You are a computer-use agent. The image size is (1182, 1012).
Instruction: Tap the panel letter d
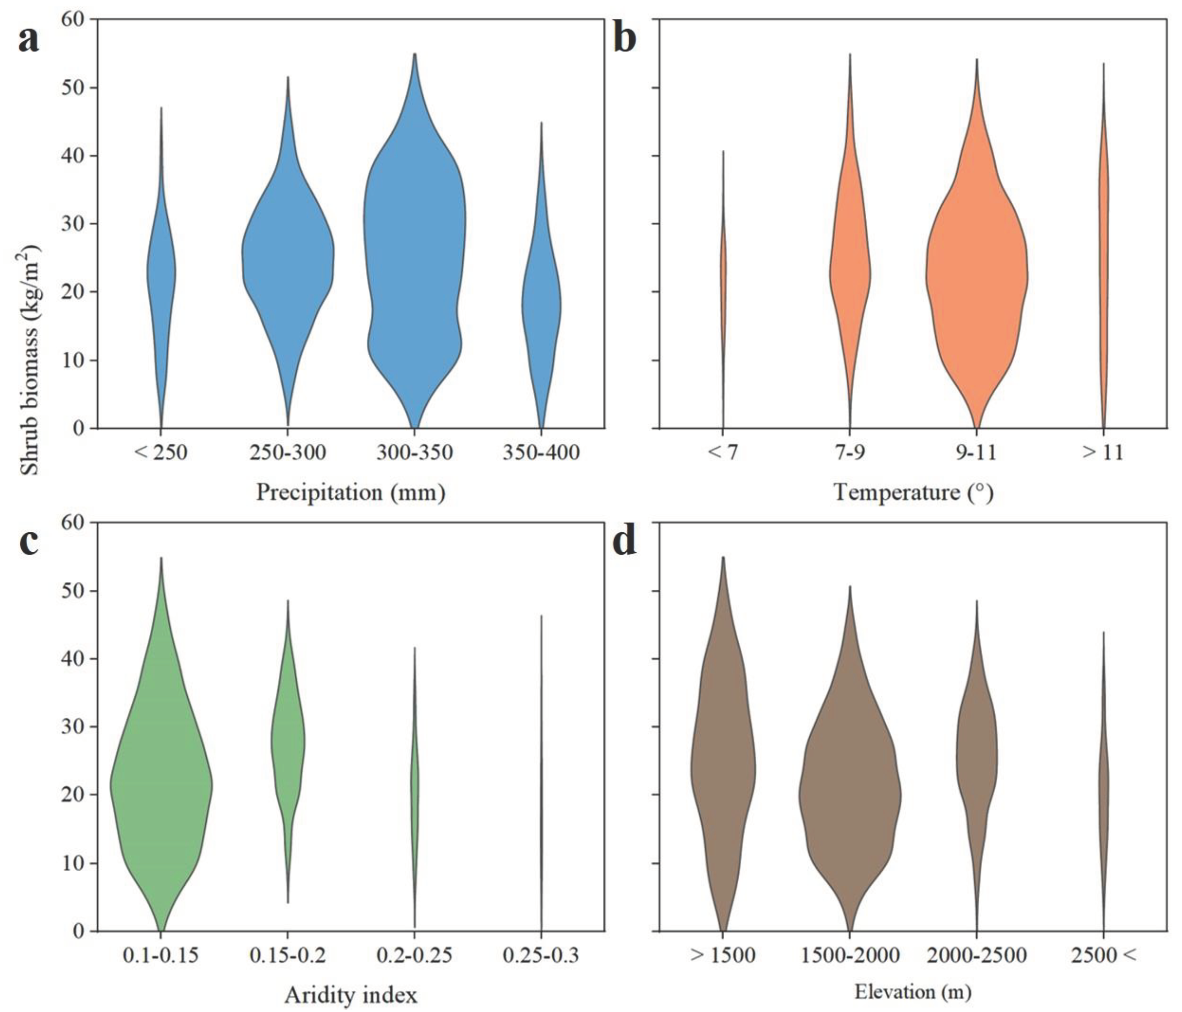pos(624,542)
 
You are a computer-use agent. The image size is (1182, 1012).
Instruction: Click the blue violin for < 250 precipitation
pos(161,274)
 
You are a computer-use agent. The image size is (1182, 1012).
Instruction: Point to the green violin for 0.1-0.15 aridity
pos(161,787)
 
